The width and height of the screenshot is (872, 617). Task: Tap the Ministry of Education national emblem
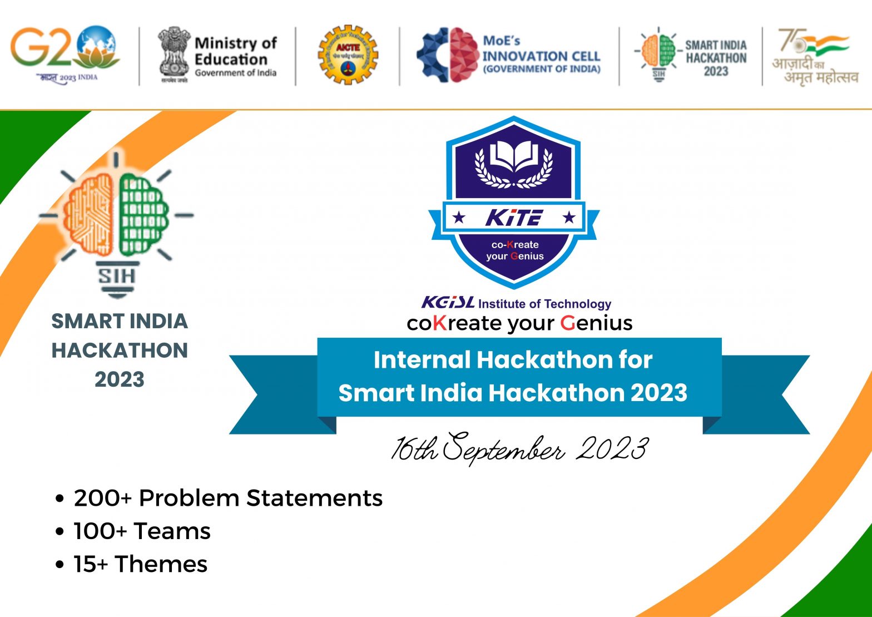(174, 53)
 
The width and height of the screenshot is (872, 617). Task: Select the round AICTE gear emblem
(348, 54)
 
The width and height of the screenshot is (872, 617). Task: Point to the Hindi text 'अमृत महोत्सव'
(821, 77)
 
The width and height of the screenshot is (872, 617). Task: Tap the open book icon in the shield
(514, 155)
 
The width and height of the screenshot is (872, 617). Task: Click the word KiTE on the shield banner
(513, 218)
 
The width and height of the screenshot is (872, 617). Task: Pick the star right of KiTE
(568, 218)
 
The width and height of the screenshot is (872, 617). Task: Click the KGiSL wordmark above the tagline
(448, 303)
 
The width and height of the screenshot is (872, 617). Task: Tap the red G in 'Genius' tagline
(567, 323)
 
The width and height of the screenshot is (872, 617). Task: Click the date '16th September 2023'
(519, 448)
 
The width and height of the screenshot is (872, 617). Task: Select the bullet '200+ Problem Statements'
(227, 497)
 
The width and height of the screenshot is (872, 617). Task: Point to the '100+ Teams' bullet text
(142, 531)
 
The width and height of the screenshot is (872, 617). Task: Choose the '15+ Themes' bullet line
(140, 564)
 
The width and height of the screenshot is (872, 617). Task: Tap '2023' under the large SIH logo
(119, 379)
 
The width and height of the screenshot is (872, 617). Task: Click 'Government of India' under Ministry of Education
(235, 73)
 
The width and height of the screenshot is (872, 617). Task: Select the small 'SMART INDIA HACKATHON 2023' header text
(716, 57)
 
